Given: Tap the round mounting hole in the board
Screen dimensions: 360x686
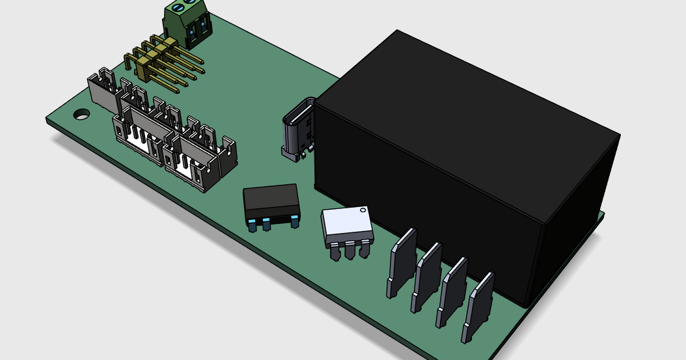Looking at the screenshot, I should tap(81, 114).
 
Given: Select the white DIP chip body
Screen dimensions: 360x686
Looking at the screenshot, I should tap(347, 225).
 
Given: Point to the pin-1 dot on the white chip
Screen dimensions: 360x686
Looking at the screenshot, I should tap(363, 210).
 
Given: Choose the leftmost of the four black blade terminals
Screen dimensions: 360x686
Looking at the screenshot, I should tap(402, 261).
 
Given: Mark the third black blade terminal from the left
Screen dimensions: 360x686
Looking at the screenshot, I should tap(452, 290).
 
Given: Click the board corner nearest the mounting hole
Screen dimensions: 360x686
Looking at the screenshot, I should tap(48, 120).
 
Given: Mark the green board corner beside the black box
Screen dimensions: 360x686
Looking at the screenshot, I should tap(602, 215).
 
